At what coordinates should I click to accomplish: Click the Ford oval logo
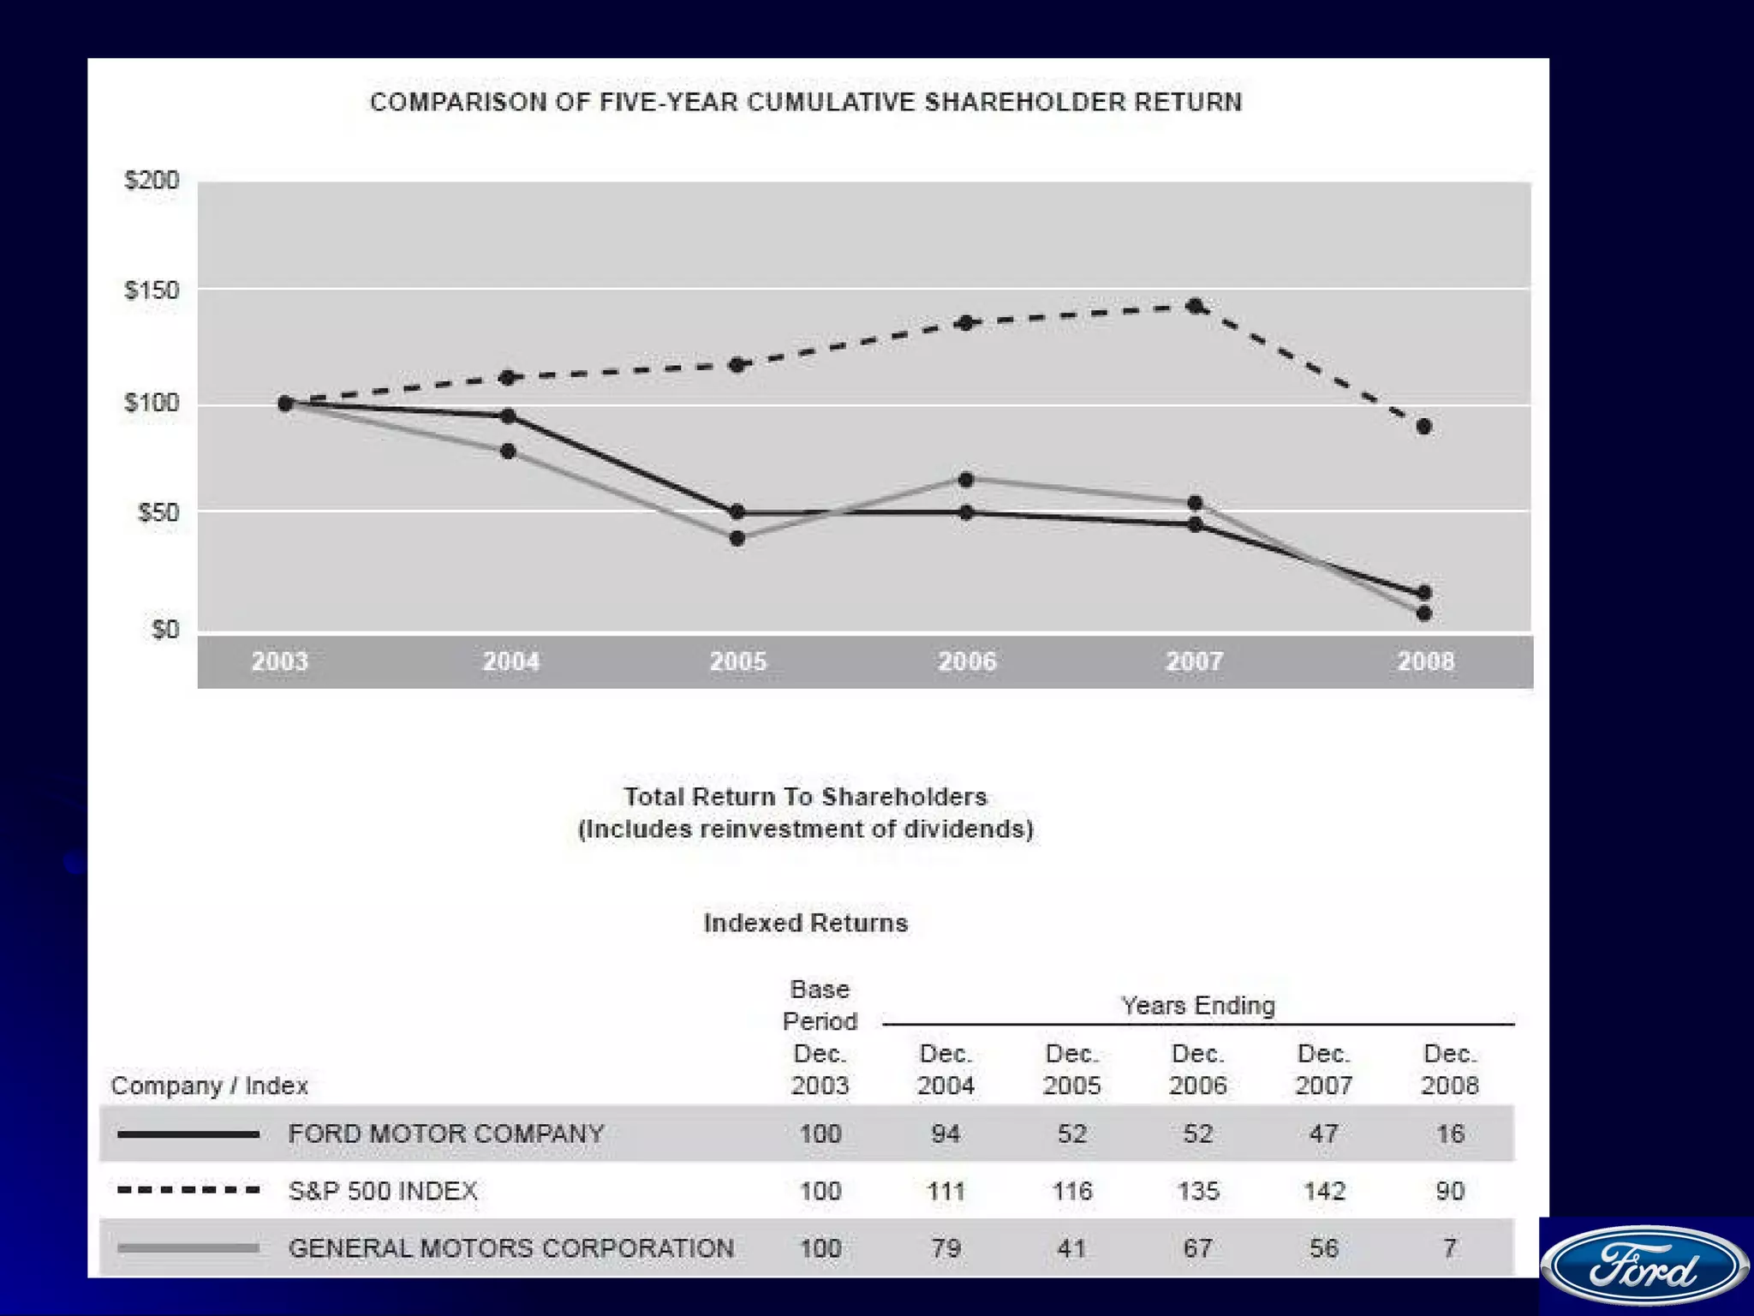(1645, 1265)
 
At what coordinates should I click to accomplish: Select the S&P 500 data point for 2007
(1196, 306)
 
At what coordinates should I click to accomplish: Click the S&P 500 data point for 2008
(1423, 427)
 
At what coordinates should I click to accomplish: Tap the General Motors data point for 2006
(966, 480)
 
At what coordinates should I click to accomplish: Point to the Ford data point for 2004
(508, 416)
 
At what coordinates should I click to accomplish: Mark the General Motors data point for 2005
(737, 539)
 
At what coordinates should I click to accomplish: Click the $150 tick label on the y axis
(152, 290)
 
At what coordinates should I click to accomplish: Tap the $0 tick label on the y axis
(164, 630)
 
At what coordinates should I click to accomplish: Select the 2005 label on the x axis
(738, 661)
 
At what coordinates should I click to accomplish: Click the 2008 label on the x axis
(1426, 661)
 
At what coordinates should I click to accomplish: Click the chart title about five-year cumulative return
(806, 102)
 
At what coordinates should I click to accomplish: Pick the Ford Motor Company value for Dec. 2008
(1450, 1134)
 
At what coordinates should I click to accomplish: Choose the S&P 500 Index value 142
(1324, 1191)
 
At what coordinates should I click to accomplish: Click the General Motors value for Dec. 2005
(1071, 1248)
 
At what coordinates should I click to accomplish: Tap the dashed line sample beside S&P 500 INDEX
(188, 1190)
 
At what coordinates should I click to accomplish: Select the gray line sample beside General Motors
(188, 1248)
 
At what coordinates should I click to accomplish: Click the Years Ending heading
(1198, 1005)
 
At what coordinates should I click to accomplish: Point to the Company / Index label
(209, 1086)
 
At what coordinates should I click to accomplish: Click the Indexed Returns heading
(806, 923)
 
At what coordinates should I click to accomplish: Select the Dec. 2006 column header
(1197, 1069)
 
